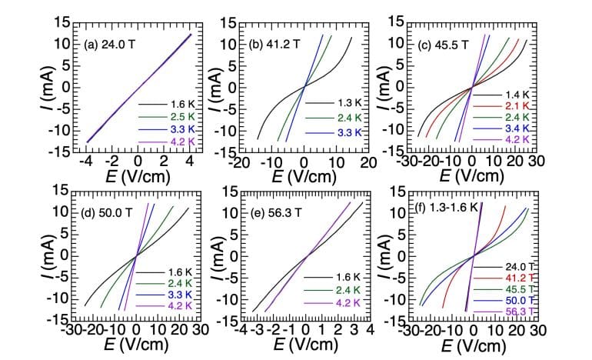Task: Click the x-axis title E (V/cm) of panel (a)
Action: click(x=138, y=178)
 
